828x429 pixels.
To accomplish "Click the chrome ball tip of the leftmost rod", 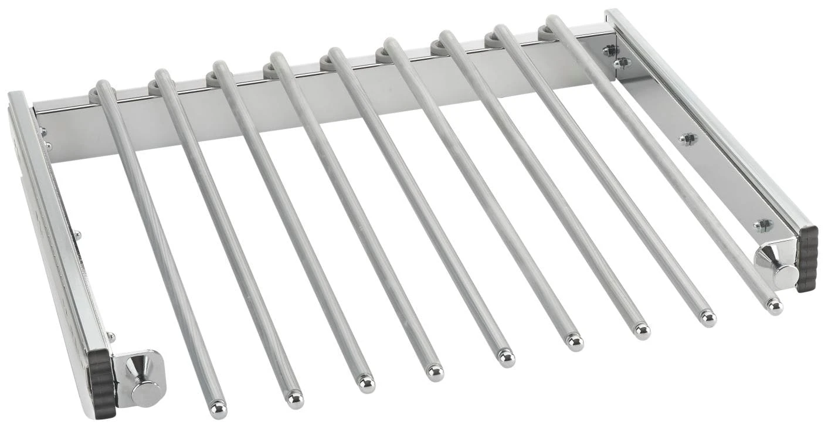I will tap(218, 408).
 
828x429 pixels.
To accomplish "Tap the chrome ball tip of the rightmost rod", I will tap(774, 306).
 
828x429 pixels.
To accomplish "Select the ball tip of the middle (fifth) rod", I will tap(505, 357).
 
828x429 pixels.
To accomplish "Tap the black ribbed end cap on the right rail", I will tap(807, 258).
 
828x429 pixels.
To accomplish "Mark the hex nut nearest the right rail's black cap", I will tap(763, 225).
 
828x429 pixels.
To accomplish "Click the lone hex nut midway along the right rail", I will tap(688, 139).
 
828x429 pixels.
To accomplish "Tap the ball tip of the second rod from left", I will tap(295, 399).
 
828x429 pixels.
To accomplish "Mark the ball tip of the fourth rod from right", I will tap(574, 342).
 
